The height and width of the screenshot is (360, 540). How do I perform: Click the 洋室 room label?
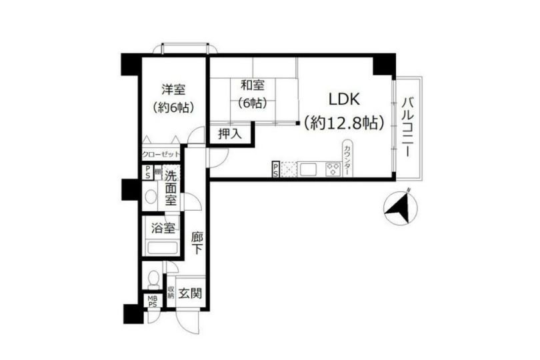coord(173,89)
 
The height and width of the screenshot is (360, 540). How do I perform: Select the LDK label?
coord(344,100)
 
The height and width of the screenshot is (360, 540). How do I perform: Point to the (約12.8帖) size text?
coord(344,123)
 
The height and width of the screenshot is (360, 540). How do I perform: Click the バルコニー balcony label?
coord(407,127)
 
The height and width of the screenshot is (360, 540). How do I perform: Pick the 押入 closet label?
coord(230,134)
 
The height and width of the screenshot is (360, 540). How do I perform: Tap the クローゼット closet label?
coord(161,154)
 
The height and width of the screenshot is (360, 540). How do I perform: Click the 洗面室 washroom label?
coord(171,189)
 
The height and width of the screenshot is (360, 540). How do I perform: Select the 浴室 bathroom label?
coord(163,228)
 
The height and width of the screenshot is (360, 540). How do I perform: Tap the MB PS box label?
coord(153,301)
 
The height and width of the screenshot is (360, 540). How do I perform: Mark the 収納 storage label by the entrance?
coord(171,293)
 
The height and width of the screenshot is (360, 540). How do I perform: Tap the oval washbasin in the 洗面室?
coord(151,197)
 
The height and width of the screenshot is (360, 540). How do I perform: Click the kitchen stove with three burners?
coord(331,169)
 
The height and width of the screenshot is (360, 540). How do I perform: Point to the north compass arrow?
coord(401,206)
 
